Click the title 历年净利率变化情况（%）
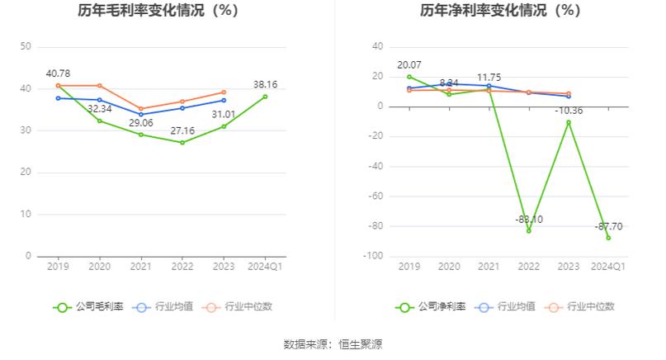500,11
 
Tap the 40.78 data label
59,73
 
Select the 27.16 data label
182,130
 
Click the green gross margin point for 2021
141,134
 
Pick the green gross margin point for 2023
224,126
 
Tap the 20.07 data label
409,64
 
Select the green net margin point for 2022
528,231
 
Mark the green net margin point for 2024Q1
608,238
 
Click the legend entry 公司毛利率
89,306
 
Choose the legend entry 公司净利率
431,306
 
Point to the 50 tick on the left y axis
26,47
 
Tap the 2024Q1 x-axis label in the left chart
265,267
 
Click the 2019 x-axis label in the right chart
409,267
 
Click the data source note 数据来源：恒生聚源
333,343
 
